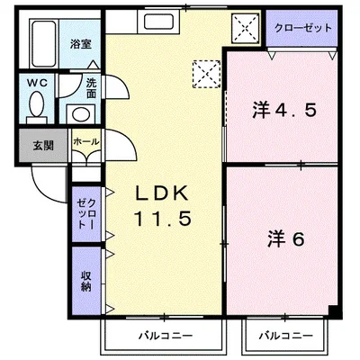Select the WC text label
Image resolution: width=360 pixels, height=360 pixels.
click(x=36, y=82)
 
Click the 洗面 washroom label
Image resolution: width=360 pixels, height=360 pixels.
click(x=92, y=88)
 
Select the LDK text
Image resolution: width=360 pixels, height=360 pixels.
click(x=163, y=194)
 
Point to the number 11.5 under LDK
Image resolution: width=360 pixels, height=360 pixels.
click(x=163, y=220)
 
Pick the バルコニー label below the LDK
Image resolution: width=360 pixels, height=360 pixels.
click(x=165, y=336)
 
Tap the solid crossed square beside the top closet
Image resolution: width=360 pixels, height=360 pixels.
click(x=243, y=27)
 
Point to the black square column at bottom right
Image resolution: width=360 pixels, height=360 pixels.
click(x=333, y=311)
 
